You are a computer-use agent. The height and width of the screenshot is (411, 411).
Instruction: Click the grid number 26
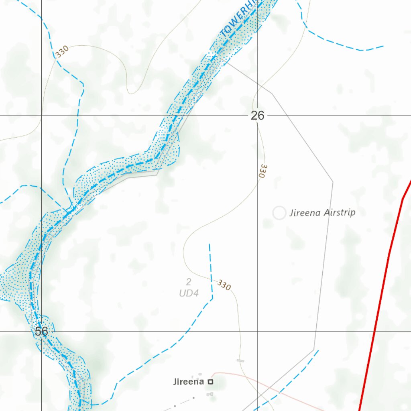tap(258, 116)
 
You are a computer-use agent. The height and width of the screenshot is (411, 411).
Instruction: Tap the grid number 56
tap(41, 332)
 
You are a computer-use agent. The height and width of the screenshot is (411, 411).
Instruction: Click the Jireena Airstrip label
tap(322, 212)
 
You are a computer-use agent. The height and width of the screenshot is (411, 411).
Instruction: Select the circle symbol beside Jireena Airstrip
tap(279, 213)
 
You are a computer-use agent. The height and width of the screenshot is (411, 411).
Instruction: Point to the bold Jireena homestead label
tap(189, 382)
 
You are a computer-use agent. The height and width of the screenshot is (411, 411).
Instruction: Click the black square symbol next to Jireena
tap(210, 382)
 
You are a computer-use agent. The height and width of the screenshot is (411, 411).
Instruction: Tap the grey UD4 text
tap(189, 293)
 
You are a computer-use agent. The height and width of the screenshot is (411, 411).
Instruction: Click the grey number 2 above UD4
tap(189, 282)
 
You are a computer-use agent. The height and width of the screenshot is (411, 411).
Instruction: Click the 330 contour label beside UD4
tap(224, 285)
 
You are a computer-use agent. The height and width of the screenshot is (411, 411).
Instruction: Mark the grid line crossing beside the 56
tap(41, 332)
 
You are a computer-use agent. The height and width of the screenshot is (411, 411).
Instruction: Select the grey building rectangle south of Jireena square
tap(210, 395)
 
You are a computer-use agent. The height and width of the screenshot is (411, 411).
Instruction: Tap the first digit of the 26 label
tap(254, 116)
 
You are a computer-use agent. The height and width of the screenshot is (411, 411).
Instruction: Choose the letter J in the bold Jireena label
tap(175, 382)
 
